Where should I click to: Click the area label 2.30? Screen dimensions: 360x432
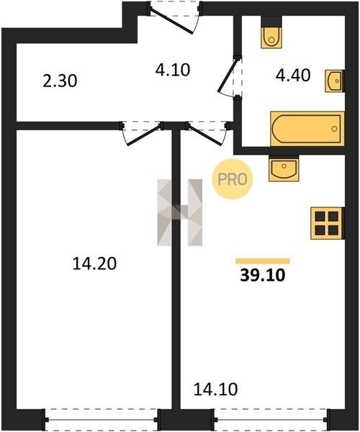60,81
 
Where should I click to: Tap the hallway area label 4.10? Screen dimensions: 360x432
173,70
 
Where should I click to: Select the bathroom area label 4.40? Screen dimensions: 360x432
293,75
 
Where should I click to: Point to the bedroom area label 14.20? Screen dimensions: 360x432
94,264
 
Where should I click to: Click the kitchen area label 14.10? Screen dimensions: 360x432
215,390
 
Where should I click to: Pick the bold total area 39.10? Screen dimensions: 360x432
263,275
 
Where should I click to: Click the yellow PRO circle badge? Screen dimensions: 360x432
233,179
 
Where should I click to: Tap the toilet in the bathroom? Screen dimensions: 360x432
272,32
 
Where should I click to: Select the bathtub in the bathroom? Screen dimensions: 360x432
307,129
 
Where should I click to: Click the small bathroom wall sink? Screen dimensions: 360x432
335,81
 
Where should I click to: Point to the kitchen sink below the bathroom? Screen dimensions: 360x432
284,168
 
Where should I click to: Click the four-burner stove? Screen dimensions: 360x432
327,223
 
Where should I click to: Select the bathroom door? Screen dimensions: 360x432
230,76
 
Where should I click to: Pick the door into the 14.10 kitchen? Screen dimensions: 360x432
207,133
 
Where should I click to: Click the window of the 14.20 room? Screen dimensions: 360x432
102,420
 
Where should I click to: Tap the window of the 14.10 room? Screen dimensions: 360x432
271,420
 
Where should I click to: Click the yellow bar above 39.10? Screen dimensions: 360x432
263,261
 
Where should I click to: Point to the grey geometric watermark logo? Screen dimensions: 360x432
179,212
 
